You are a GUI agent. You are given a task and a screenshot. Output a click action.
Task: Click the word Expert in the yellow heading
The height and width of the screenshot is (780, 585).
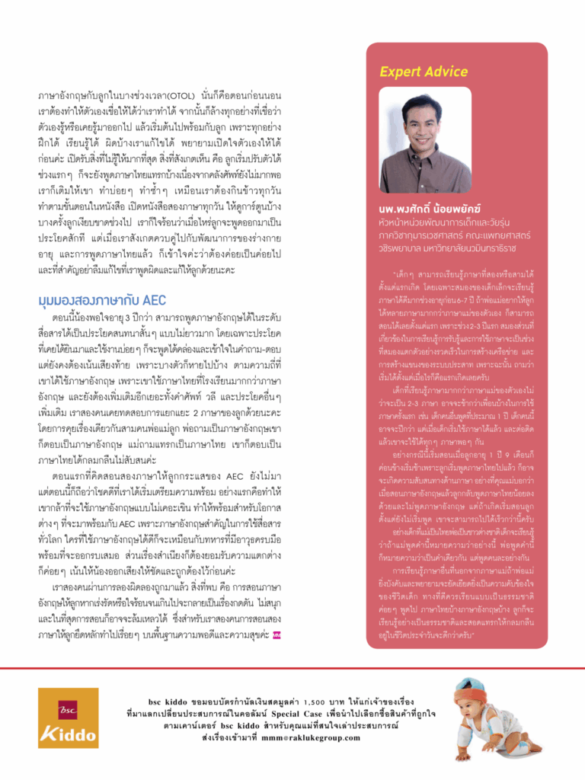coord(401,72)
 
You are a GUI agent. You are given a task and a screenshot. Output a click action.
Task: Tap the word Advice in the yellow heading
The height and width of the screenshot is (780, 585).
coord(446,72)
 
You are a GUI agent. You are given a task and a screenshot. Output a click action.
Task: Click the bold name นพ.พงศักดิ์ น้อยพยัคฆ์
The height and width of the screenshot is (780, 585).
coord(431,209)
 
